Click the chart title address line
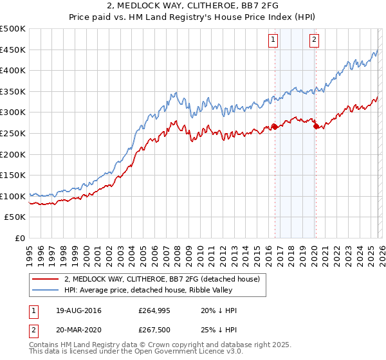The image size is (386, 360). click(193, 6)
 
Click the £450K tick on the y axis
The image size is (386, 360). click(13, 50)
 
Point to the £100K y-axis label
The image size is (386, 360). click(13, 196)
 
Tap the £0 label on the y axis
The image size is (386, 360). click(21, 238)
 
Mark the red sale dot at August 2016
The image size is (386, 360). click(275, 127)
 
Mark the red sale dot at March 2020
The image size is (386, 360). click(316, 127)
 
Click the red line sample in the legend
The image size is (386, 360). click(46, 279)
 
